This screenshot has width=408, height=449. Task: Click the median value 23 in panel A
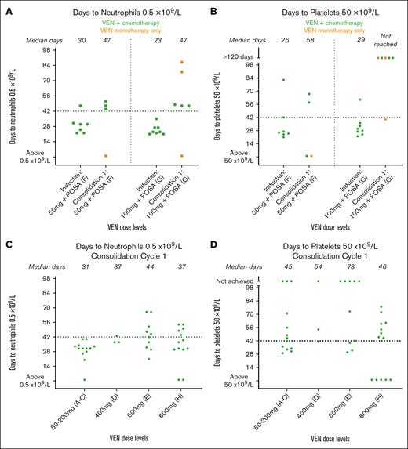click(157, 38)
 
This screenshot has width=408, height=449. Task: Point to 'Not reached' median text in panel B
click(386, 38)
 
